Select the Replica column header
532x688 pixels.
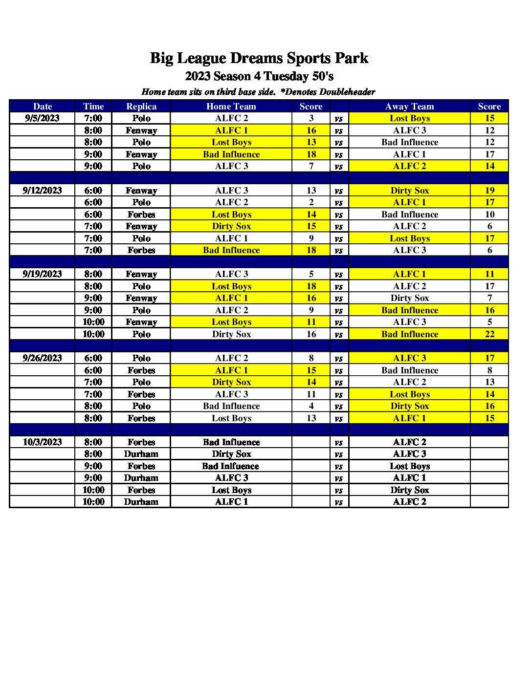141,107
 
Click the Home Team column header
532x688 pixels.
231,107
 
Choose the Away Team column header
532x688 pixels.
410,107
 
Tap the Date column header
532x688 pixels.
43,107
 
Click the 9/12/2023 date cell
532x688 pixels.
43,191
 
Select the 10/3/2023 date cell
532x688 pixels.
43,442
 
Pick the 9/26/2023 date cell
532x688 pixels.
43,358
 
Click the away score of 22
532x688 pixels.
489,334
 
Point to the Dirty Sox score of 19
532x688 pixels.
489,191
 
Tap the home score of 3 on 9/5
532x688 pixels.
311,118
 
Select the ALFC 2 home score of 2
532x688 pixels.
311,202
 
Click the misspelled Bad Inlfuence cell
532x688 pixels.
231,466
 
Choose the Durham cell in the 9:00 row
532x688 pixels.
141,478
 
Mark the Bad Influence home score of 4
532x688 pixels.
311,406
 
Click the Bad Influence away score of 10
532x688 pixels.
489,215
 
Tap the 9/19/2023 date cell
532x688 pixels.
43,274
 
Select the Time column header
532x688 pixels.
93,107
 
